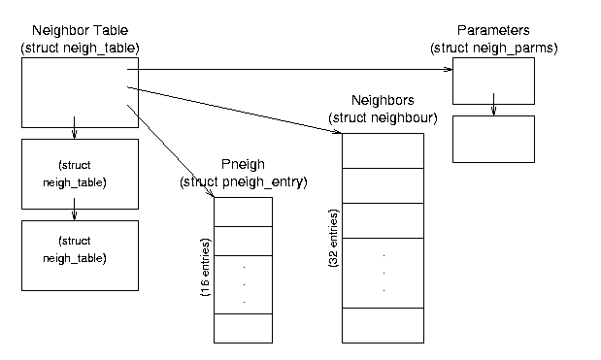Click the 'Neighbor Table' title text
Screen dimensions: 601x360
(x=81, y=30)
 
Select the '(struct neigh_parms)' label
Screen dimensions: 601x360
(x=493, y=49)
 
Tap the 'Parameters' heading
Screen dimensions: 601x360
(x=493, y=30)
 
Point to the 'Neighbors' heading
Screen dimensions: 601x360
(x=383, y=100)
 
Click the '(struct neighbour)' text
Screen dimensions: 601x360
(x=383, y=118)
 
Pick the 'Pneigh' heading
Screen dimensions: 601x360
(x=243, y=164)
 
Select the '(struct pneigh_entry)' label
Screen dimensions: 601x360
(x=244, y=181)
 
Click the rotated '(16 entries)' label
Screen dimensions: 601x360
(x=206, y=268)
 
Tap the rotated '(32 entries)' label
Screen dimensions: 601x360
(x=334, y=238)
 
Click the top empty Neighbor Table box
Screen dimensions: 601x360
(x=81, y=93)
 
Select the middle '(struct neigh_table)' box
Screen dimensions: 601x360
(x=81, y=175)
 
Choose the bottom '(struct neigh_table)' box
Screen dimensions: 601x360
(x=81, y=255)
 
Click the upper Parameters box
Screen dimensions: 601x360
(x=493, y=82)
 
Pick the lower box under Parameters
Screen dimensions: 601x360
(x=493, y=140)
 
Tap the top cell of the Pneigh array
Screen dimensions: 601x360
(x=243, y=213)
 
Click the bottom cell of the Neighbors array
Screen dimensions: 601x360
(x=383, y=325)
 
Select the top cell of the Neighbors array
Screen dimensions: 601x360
(x=383, y=151)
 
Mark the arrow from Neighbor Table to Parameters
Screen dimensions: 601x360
(x=290, y=69)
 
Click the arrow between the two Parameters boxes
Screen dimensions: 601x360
(x=493, y=104)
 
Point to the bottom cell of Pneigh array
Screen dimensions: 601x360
(x=243, y=329)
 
